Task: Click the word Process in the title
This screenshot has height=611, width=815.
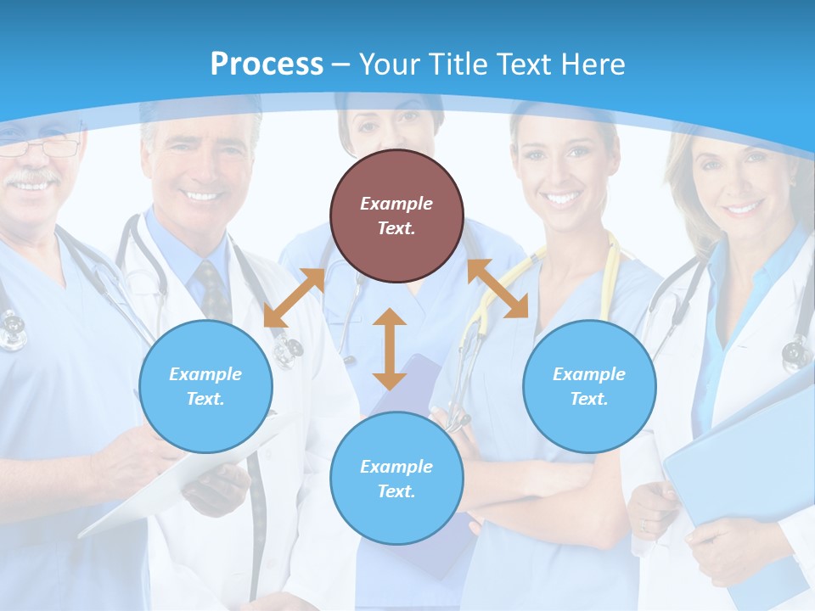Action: pos(267,64)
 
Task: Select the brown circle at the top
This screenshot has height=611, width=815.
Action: pos(396,216)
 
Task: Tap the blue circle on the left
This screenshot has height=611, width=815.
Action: pos(205,386)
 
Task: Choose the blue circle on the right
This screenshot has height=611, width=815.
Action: pos(589,386)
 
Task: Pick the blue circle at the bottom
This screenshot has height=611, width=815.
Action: pos(396,479)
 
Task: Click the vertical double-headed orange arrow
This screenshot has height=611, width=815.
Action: pos(390,349)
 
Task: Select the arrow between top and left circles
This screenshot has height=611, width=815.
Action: pos(294,298)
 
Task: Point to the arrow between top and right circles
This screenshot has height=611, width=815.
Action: pos(497,289)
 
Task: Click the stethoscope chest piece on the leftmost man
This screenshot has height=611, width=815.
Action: pos(12,331)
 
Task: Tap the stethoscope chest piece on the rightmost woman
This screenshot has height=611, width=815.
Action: pos(797,351)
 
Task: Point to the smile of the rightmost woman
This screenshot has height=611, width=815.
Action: pos(741,207)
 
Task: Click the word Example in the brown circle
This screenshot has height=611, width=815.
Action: pos(396,204)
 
